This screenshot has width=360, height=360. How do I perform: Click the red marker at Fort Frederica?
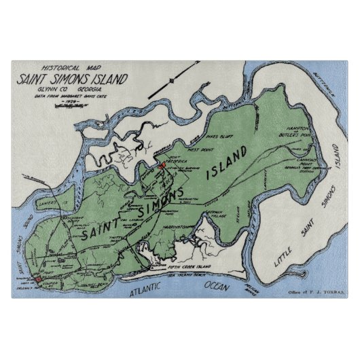(162, 164)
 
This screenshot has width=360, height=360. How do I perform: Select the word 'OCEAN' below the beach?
(209, 286)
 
